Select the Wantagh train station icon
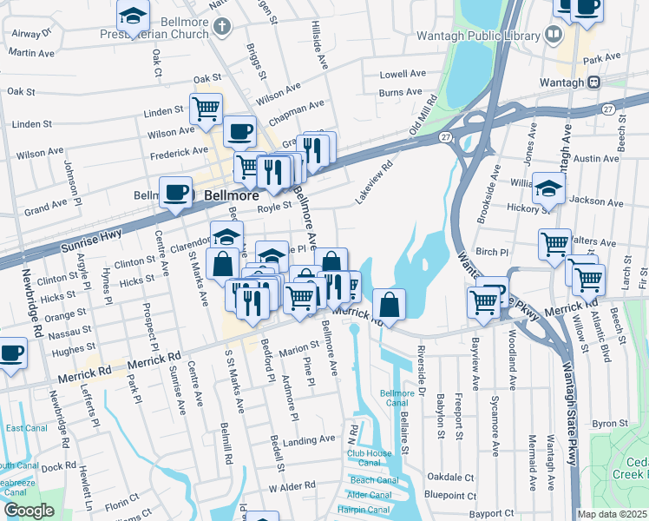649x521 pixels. point(594,82)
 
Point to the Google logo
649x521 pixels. point(29,511)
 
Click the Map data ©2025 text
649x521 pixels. point(613,514)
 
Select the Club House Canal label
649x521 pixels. point(370,458)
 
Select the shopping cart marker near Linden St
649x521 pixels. point(206,109)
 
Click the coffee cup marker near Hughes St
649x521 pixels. point(11,353)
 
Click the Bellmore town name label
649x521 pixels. point(226,196)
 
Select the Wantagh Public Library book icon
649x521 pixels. point(553,35)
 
